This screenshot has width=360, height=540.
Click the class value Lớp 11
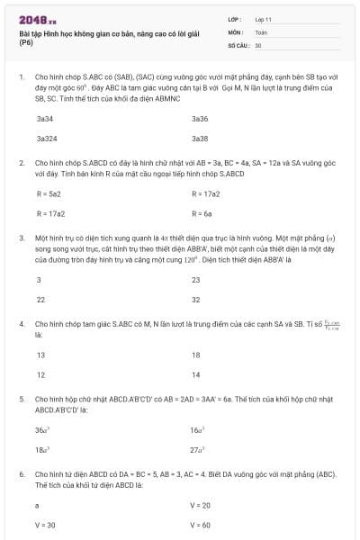263,18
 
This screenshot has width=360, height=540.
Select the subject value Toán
261,31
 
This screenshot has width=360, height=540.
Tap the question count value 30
258,44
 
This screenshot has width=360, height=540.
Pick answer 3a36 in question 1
200,118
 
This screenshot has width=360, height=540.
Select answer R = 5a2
49,193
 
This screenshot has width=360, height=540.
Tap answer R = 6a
202,214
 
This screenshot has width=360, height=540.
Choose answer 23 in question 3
196,279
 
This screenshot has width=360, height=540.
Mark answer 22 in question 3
40,300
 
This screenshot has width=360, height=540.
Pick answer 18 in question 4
195,354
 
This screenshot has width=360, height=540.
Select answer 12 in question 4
40,374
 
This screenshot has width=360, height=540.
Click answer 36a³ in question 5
42,429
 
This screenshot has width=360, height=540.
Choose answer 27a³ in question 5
199,449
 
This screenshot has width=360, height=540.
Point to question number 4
21,321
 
